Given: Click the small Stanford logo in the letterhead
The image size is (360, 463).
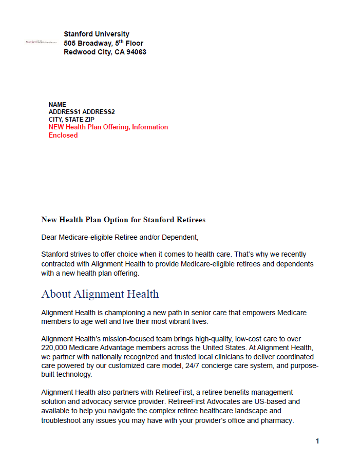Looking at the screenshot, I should coord(41,42).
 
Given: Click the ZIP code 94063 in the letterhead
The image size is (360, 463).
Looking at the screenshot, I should coord(136,52).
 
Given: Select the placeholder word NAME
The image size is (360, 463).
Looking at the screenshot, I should coord(58,105).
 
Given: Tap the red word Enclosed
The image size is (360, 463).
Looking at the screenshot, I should coord(63,136).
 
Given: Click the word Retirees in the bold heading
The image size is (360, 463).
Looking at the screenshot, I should coord(189,220).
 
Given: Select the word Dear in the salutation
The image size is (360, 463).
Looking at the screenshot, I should coord(49,237).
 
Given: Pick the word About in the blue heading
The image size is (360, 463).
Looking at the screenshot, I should coord(56,294).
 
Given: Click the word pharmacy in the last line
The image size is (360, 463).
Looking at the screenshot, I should coord(276,420).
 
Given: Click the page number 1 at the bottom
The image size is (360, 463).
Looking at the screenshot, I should coord(317,441).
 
